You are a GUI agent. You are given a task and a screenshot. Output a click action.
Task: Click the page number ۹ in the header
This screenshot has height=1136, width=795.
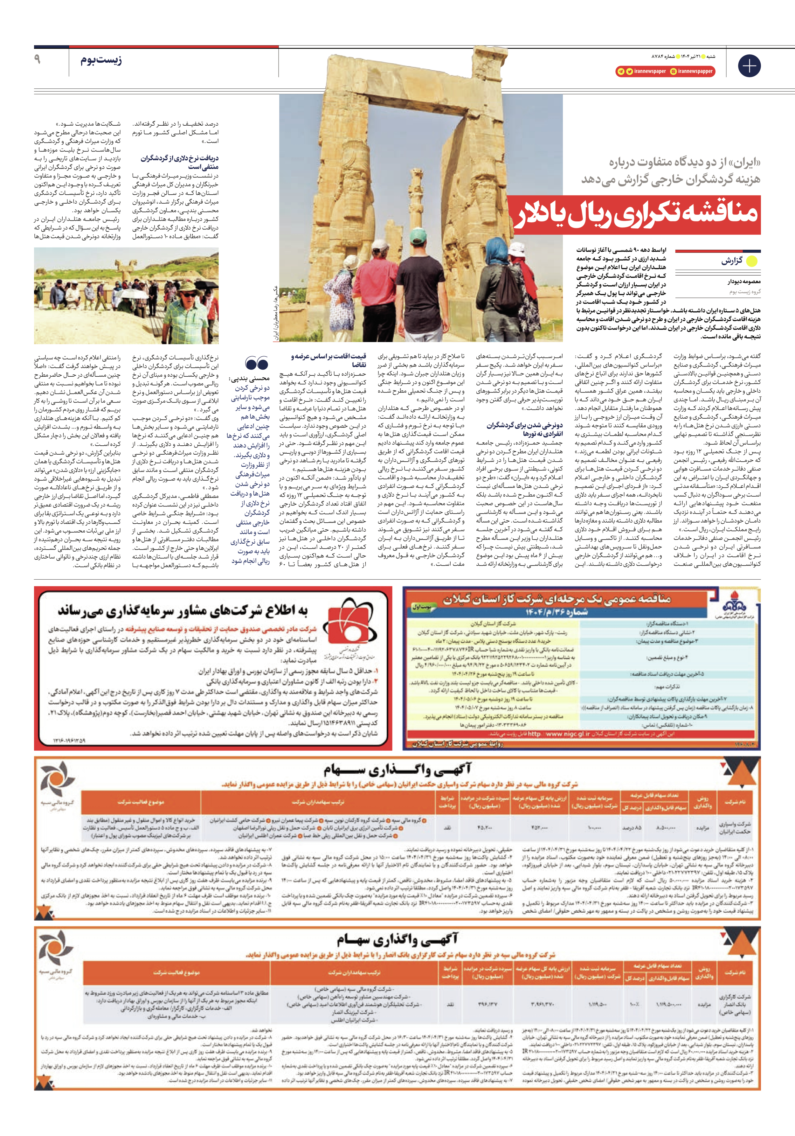click(37, 59)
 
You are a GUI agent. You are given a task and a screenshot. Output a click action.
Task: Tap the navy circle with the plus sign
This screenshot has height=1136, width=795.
click(749, 66)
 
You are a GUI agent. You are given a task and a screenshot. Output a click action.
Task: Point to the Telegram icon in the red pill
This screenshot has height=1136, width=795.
click(620, 71)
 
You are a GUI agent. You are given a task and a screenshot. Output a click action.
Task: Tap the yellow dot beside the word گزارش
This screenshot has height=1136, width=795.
click(751, 261)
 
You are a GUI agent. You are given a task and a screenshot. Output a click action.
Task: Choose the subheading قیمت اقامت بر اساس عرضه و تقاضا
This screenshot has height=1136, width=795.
click(329, 360)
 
